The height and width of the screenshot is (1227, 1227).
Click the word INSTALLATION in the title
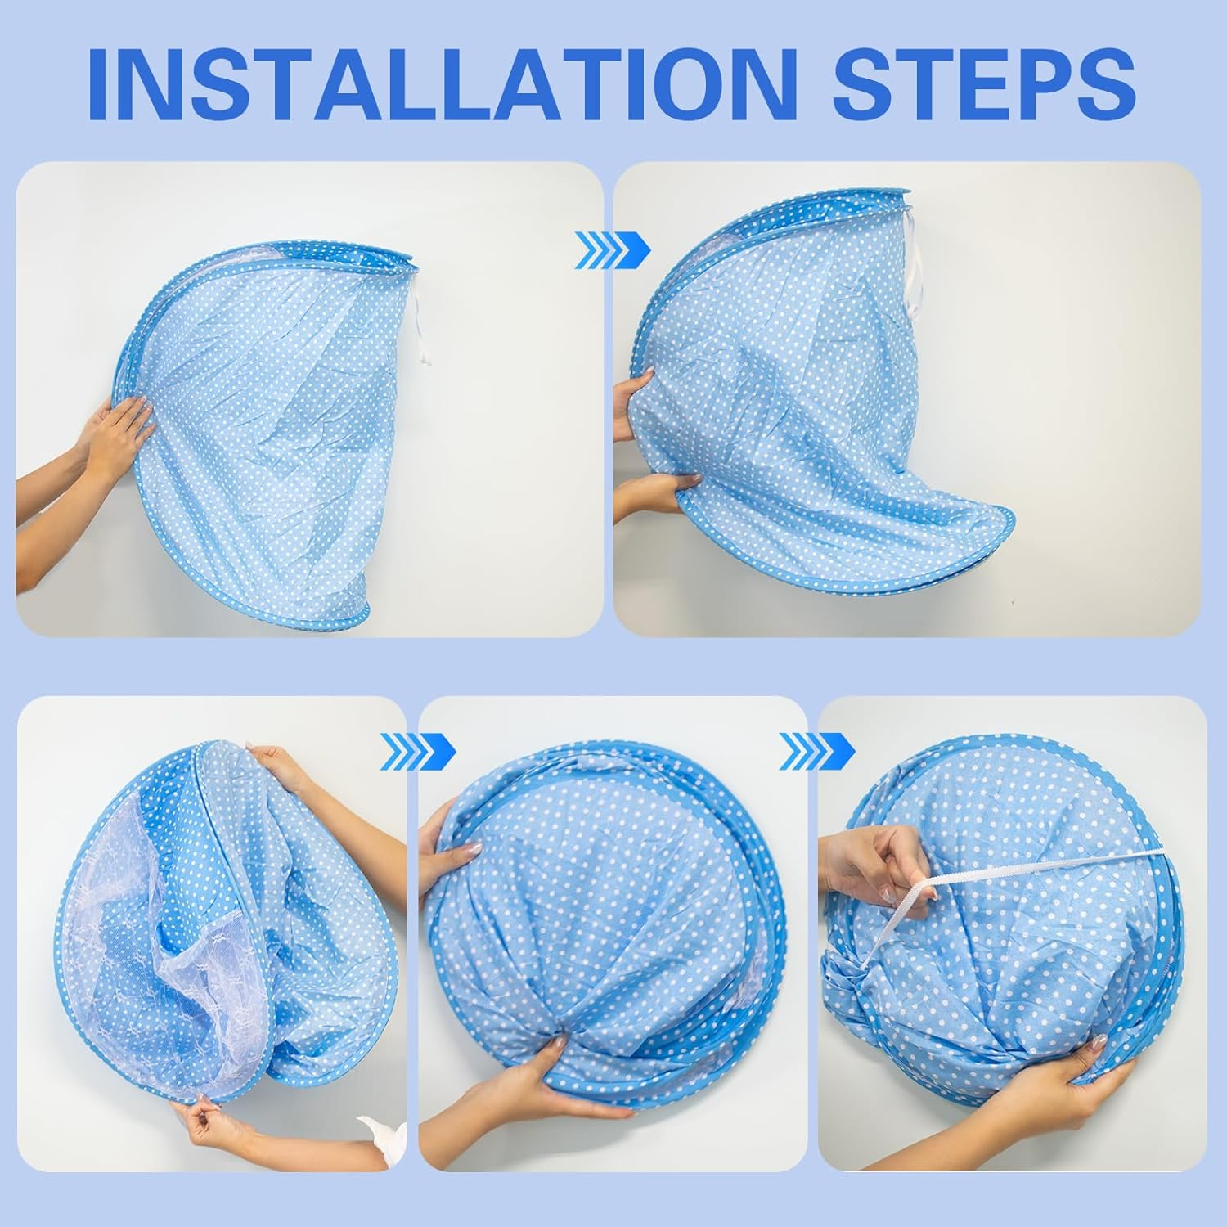[x=442, y=85]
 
